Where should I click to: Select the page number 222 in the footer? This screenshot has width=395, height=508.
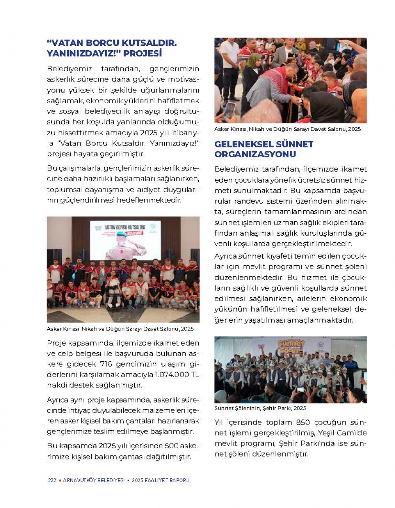pyautogui.click(x=52, y=480)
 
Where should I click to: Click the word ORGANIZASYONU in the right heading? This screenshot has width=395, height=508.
pyautogui.click(x=255, y=154)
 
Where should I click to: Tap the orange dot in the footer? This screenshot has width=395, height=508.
pyautogui.click(x=60, y=480)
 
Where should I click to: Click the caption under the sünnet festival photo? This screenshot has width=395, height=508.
pyautogui.click(x=260, y=408)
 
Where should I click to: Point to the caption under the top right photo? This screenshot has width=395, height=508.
pyautogui.click(x=287, y=129)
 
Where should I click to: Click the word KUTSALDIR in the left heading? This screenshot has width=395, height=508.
pyautogui.click(x=148, y=43)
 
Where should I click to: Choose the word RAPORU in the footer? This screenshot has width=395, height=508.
pyautogui.click(x=180, y=480)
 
